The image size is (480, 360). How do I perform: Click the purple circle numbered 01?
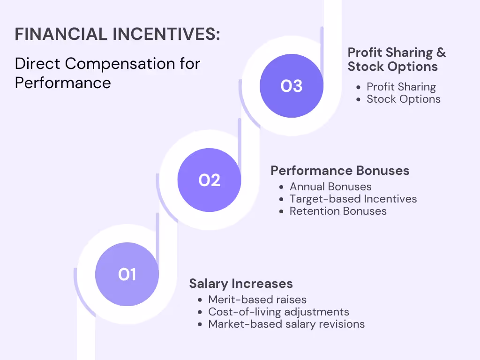[x=127, y=274]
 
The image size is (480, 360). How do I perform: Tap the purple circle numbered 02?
[x=209, y=180]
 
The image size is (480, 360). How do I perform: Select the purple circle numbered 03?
[x=292, y=86]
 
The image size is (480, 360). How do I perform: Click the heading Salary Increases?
[x=241, y=284]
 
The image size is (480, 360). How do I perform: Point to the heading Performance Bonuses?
[x=340, y=171]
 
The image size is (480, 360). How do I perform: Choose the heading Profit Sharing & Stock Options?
[x=397, y=60]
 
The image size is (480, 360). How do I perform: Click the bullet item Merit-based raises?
[x=257, y=300]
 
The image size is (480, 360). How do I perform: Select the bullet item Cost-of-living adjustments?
[x=278, y=312]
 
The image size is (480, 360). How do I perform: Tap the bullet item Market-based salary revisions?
[x=286, y=324]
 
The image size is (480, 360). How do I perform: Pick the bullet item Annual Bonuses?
[x=330, y=187]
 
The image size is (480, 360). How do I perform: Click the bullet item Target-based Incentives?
[x=353, y=199]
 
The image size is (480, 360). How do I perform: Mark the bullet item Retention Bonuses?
[x=338, y=211]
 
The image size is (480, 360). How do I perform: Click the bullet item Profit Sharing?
[x=401, y=87]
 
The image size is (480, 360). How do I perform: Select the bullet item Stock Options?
[x=404, y=99]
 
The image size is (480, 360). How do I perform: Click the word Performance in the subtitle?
[x=63, y=82]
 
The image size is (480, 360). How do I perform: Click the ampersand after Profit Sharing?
[x=441, y=52]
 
